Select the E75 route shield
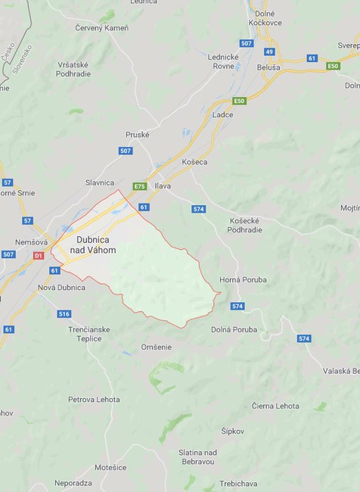coord(139,186)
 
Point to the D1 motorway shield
coord(39,256)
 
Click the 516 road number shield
coord(64,313)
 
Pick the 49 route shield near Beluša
coord(268,51)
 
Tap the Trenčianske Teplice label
coord(89,334)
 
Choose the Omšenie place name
coord(156,347)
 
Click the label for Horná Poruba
coord(243,279)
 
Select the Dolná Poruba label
coord(234,329)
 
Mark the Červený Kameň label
coord(102,28)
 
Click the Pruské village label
coord(138,134)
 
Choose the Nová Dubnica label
coord(61,288)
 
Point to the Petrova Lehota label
coord(94,399)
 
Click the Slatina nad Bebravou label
coord(198,457)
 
